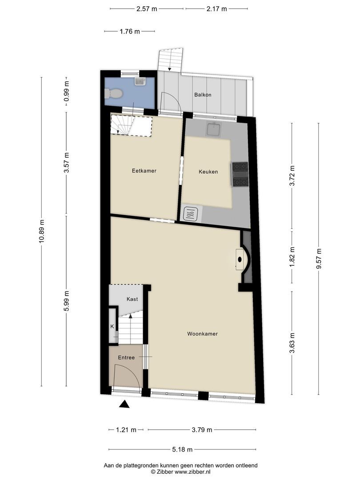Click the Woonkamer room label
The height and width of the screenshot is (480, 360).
point(202,334)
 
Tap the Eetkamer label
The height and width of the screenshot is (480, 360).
point(144,171)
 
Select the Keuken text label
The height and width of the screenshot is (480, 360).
point(208,172)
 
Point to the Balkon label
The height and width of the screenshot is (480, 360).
point(202,95)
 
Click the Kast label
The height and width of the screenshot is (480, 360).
point(132,299)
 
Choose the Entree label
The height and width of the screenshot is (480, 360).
point(126,357)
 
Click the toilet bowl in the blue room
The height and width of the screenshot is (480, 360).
point(114,94)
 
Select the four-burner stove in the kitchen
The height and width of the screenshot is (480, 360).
point(240,174)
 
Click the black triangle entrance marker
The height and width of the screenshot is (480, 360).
point(125,404)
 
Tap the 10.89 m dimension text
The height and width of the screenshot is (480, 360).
point(41,232)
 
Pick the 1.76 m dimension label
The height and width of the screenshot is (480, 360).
point(129,32)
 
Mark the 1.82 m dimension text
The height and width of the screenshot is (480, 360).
point(292,256)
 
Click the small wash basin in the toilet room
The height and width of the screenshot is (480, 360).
point(140,81)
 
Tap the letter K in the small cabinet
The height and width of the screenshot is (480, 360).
point(112,327)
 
